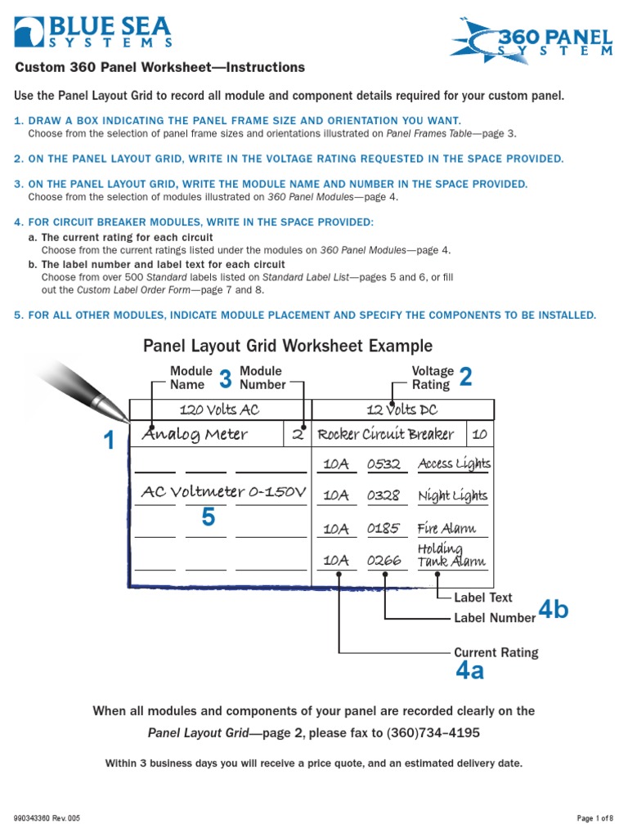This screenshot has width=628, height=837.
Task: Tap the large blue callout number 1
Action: (x=109, y=442)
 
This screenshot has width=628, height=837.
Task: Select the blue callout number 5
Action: (x=209, y=517)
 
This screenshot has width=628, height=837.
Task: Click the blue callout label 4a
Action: (x=470, y=672)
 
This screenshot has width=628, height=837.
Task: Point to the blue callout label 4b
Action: (x=554, y=610)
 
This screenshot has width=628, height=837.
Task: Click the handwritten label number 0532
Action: (x=384, y=464)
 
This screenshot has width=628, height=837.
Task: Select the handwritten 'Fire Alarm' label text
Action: (x=446, y=528)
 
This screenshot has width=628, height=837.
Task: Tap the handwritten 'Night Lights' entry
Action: (x=452, y=495)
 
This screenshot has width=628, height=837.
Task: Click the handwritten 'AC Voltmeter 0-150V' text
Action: (x=223, y=491)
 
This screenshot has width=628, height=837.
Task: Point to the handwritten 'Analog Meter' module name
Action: (x=195, y=434)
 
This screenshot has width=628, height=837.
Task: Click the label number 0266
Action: (x=384, y=561)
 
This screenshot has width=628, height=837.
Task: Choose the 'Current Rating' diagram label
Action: (x=496, y=652)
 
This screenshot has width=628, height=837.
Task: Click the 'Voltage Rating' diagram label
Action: (x=431, y=378)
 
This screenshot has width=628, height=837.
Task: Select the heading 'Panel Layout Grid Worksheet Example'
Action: (x=288, y=346)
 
